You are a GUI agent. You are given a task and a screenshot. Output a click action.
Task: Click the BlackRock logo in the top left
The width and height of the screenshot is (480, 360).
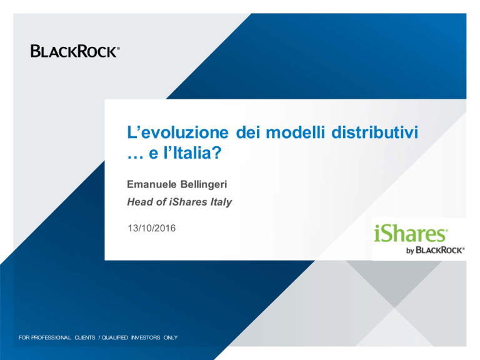tap(75, 51)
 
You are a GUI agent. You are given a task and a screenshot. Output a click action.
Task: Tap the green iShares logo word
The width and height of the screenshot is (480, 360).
tap(411, 233)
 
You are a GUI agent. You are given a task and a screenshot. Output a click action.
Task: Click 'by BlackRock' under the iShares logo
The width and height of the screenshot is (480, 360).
tap(435, 251)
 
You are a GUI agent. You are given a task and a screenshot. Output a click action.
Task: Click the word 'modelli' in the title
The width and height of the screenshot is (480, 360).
tap(295, 132)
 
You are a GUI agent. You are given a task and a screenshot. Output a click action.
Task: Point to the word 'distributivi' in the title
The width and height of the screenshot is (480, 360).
tap(375, 132)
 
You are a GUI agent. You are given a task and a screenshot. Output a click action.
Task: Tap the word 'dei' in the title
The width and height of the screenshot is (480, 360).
tap(247, 132)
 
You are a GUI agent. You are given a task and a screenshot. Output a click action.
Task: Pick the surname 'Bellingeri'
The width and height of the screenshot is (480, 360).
tap(204, 185)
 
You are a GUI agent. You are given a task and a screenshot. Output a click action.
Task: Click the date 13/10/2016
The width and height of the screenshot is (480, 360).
tap(151, 228)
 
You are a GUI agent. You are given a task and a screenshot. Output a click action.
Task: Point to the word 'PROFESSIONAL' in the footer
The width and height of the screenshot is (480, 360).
tap(51, 337)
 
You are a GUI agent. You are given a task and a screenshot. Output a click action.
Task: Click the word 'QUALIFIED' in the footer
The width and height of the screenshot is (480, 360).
tap(114, 337)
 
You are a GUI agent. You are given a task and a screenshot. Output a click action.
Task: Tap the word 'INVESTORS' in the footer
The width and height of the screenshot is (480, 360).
tap(146, 337)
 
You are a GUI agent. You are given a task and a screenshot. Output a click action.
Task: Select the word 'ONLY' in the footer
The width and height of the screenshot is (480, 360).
tap(171, 337)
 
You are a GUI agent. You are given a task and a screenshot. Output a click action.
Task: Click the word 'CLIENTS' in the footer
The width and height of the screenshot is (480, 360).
tap(85, 337)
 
